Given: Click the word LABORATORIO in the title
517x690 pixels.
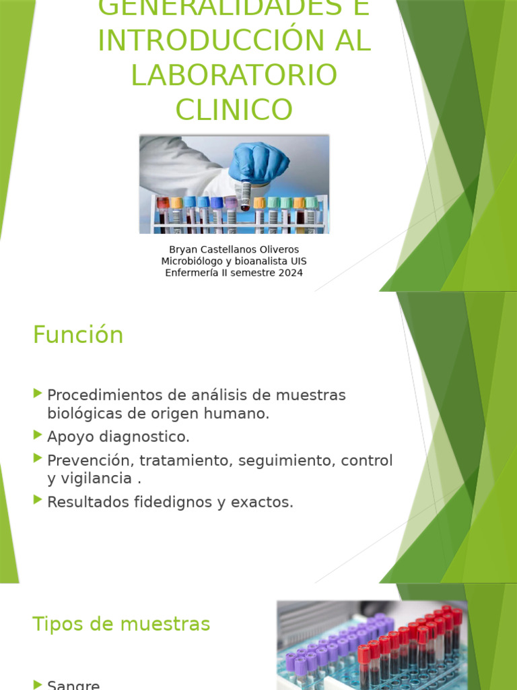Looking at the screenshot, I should pyautogui.click(x=234, y=75).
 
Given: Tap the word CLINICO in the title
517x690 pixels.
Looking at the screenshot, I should pyautogui.click(x=234, y=109).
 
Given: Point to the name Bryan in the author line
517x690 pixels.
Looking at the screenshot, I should pyautogui.click(x=182, y=249).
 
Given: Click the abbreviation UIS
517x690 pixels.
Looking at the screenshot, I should pyautogui.click(x=297, y=261).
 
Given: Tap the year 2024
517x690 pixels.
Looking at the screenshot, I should pyautogui.click(x=289, y=273).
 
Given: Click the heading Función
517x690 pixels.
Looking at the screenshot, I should pyautogui.click(x=78, y=335).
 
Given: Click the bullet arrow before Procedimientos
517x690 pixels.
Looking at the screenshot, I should pyautogui.click(x=37, y=393).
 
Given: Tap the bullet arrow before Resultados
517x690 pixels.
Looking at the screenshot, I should pyautogui.click(x=37, y=500).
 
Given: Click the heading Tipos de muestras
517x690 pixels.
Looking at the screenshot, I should pyautogui.click(x=121, y=624).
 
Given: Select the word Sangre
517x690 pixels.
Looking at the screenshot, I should pyautogui.click(x=73, y=685).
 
